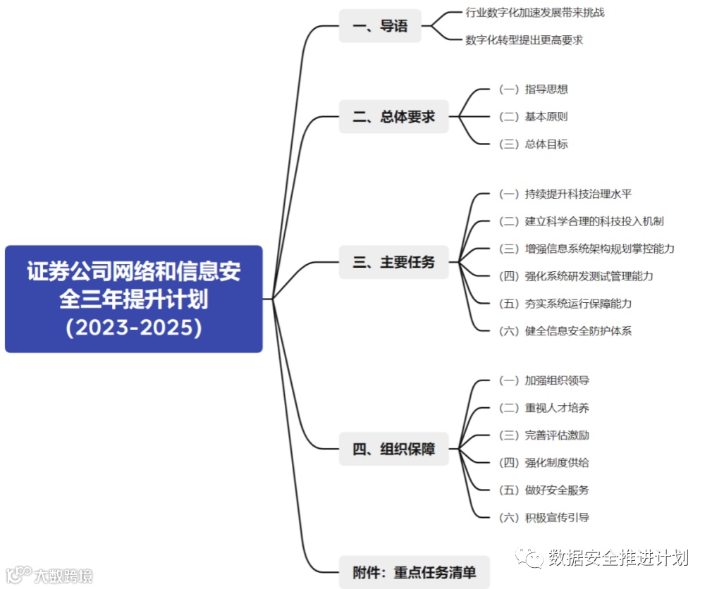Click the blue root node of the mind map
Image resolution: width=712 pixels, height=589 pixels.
(x=134, y=299)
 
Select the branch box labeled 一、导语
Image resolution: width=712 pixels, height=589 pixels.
(x=380, y=26)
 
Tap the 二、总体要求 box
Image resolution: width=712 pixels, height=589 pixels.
(x=393, y=117)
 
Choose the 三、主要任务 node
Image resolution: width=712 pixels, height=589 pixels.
(x=393, y=262)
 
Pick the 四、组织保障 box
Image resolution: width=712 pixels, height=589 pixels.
(x=393, y=449)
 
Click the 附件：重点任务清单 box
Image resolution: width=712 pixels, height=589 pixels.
(x=414, y=572)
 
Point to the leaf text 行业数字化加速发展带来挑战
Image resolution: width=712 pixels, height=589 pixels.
(x=535, y=13)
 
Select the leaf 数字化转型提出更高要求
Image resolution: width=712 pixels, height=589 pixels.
(x=524, y=40)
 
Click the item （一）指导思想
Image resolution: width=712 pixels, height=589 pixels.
(x=533, y=89)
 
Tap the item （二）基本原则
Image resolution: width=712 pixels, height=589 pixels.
(x=533, y=117)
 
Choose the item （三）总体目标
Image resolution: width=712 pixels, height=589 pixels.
(x=533, y=144)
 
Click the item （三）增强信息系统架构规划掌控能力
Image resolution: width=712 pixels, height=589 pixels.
(x=587, y=249)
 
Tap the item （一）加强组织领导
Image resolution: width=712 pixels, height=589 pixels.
(x=544, y=380)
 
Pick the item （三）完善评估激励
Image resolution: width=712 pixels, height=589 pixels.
(x=544, y=435)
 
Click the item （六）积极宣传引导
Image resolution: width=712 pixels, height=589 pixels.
(x=544, y=518)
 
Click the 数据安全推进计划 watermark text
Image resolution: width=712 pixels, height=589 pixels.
(x=618, y=558)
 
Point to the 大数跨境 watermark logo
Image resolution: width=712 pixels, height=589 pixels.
(x=49, y=576)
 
